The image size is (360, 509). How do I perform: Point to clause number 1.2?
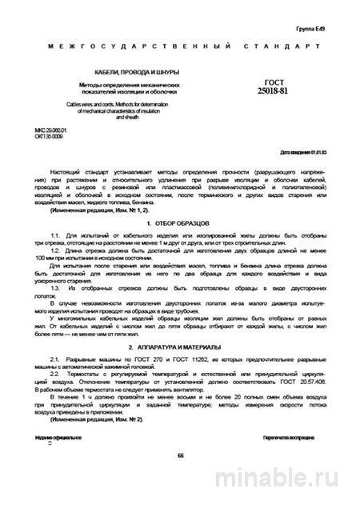click(x=54, y=251)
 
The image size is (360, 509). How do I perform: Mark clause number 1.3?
click(x=54, y=286)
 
